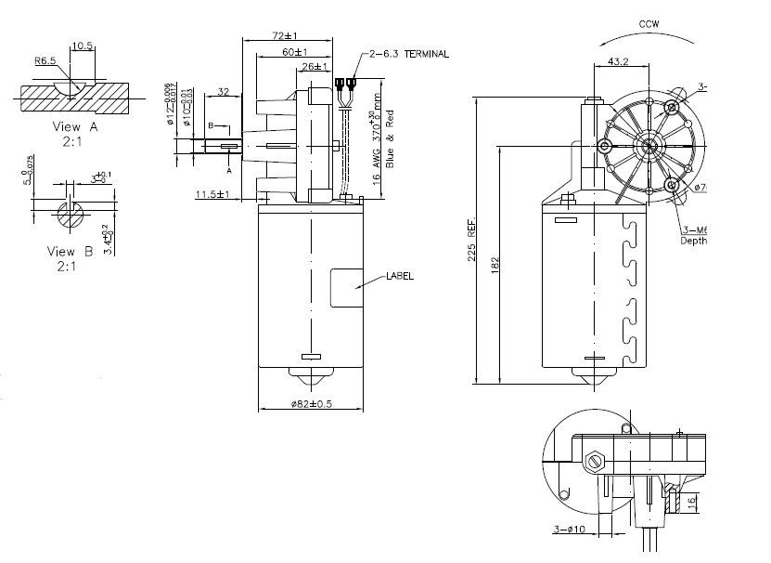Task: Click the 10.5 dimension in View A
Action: pyautogui.click(x=82, y=45)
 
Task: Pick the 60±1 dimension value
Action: pyautogui.click(x=295, y=51)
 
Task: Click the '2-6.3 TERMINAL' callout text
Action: pyautogui.click(x=408, y=55)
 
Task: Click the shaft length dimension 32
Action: pyautogui.click(x=224, y=91)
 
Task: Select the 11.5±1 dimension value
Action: pyautogui.click(x=212, y=194)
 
